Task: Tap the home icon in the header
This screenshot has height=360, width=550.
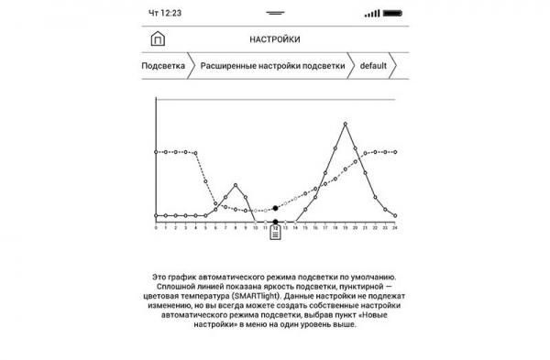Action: pyautogui.click(x=157, y=39)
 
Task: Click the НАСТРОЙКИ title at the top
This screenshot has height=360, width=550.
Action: pyautogui.click(x=274, y=40)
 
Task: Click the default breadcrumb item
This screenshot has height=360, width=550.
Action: pyautogui.click(x=373, y=67)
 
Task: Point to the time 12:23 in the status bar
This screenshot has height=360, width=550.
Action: pyautogui.click(x=165, y=14)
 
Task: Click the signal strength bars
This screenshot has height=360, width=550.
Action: pyautogui.click(x=371, y=14)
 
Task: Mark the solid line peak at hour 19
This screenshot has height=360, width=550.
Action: pyautogui.click(x=345, y=123)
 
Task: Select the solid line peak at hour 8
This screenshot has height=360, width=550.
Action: pyautogui.click(x=236, y=185)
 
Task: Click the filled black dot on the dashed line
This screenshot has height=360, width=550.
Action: pyautogui.click(x=275, y=209)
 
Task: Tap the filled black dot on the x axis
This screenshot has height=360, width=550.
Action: pyautogui.click(x=275, y=222)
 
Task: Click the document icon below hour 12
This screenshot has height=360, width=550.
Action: pyautogui.click(x=275, y=234)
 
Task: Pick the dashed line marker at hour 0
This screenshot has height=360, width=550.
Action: pyautogui.click(x=157, y=152)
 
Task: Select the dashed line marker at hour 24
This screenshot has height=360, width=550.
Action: pyautogui.click(x=394, y=152)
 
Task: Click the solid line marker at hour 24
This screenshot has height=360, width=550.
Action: pyautogui.click(x=394, y=216)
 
